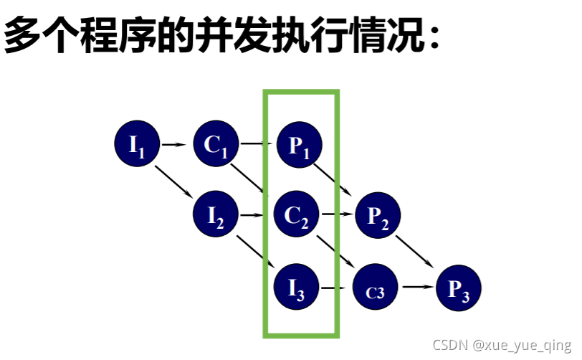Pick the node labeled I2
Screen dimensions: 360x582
pyautogui.click(x=216, y=214)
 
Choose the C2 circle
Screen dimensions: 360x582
pyautogui.click(x=297, y=214)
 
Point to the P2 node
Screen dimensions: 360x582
pyautogui.click(x=378, y=214)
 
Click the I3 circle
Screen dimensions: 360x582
pyautogui.click(x=297, y=289)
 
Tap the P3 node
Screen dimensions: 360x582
pyautogui.click(x=459, y=289)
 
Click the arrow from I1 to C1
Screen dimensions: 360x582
pyautogui.click(x=175, y=145)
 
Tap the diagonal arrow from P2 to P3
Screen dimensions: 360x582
pyautogui.click(x=419, y=252)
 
